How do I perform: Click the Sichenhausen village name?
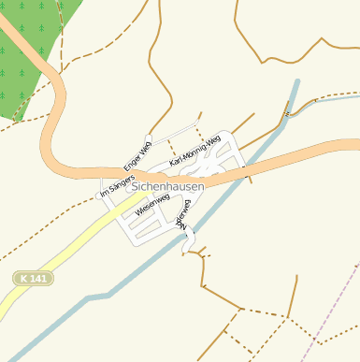168,187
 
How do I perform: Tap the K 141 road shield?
34,278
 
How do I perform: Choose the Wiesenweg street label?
152,206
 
